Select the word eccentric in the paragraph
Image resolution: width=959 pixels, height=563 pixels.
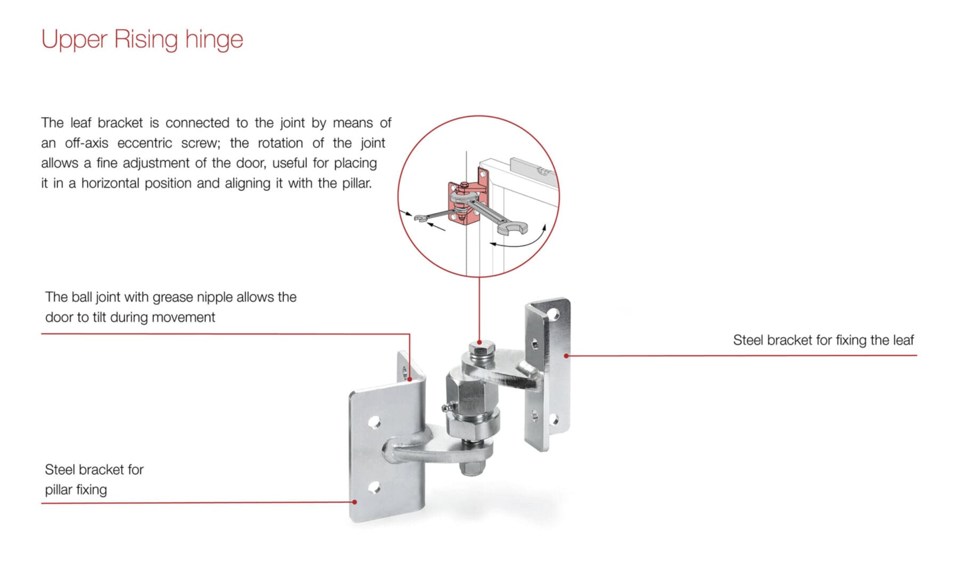pyautogui.click(x=144, y=143)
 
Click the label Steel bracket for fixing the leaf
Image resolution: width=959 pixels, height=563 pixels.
pyautogui.click(x=823, y=340)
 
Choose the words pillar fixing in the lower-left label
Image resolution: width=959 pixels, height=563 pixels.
pyautogui.click(x=76, y=490)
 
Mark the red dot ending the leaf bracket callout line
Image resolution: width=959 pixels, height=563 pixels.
pyautogui.click(x=566, y=355)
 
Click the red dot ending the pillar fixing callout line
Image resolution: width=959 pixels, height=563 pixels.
pyautogui.click(x=355, y=502)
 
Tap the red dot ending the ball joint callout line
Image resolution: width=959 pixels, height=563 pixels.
pyautogui.click(x=409, y=379)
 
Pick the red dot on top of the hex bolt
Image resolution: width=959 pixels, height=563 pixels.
pyautogui.click(x=479, y=342)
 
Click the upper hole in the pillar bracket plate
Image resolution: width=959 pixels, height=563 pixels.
pyautogui.click(x=375, y=423)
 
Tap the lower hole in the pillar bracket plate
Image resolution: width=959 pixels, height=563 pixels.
pyautogui.click(x=374, y=487)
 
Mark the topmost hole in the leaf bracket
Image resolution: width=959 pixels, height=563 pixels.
pyautogui.click(x=554, y=315)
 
